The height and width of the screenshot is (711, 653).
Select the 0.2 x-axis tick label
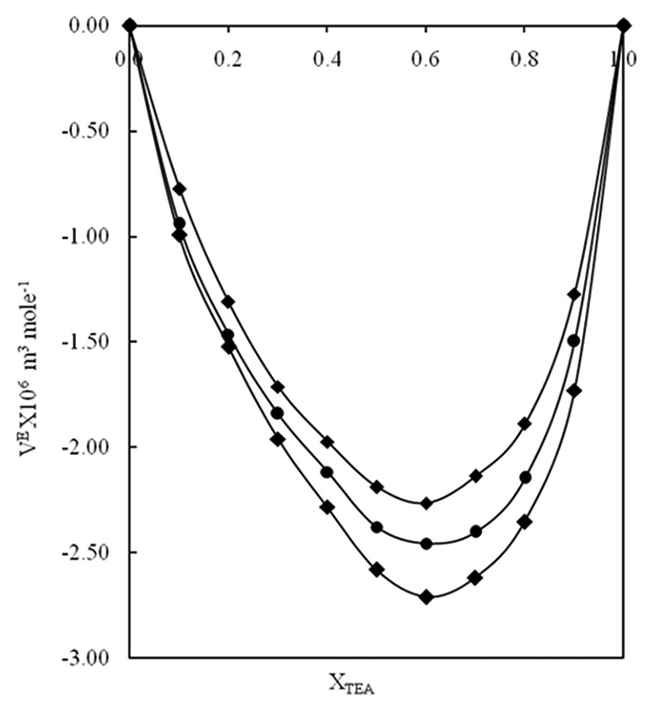click(228, 57)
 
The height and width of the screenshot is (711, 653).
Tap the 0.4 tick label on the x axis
click(326, 57)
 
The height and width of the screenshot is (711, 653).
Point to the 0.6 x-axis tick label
click(425, 57)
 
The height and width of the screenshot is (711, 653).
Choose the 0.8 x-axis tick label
click(524, 57)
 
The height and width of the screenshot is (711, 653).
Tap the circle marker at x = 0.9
click(573, 340)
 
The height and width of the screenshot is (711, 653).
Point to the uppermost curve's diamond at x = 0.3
click(278, 387)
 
